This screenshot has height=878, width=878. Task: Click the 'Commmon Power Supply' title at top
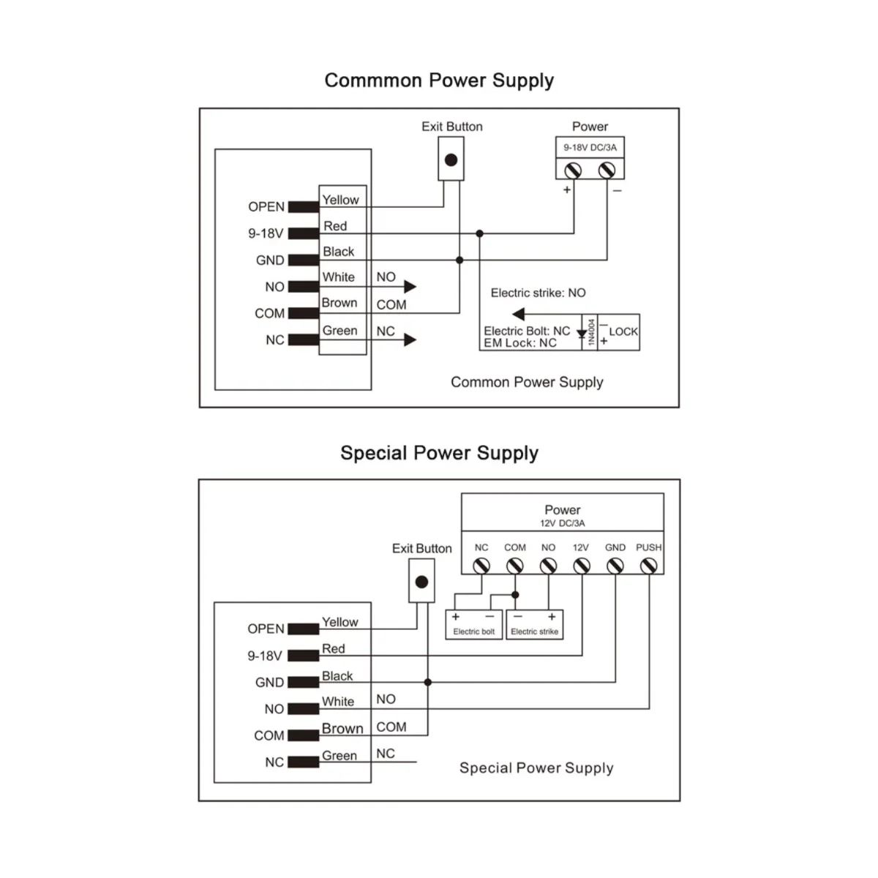(x=439, y=80)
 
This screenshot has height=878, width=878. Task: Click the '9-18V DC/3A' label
(x=590, y=148)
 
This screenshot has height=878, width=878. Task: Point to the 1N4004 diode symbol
(x=582, y=334)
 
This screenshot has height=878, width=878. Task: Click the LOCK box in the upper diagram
(x=619, y=333)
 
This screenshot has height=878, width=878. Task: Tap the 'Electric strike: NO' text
(x=538, y=293)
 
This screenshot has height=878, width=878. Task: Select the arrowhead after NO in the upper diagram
(x=410, y=286)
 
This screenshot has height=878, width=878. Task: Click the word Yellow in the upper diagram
(x=341, y=200)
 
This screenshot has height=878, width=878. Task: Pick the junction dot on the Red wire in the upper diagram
(x=479, y=233)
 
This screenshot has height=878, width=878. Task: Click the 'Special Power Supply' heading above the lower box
(x=439, y=453)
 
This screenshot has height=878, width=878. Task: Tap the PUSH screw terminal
(x=648, y=566)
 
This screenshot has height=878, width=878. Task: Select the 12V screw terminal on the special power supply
(x=582, y=566)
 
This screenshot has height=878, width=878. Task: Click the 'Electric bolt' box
(x=474, y=626)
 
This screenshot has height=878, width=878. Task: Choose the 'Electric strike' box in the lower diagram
(x=534, y=626)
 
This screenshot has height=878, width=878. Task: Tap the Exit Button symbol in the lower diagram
(x=421, y=582)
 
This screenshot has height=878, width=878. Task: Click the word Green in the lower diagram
(x=339, y=756)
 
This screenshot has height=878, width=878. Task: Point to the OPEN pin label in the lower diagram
(x=266, y=629)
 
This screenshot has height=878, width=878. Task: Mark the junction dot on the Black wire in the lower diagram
(x=428, y=682)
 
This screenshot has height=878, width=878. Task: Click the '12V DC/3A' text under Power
(x=562, y=523)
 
